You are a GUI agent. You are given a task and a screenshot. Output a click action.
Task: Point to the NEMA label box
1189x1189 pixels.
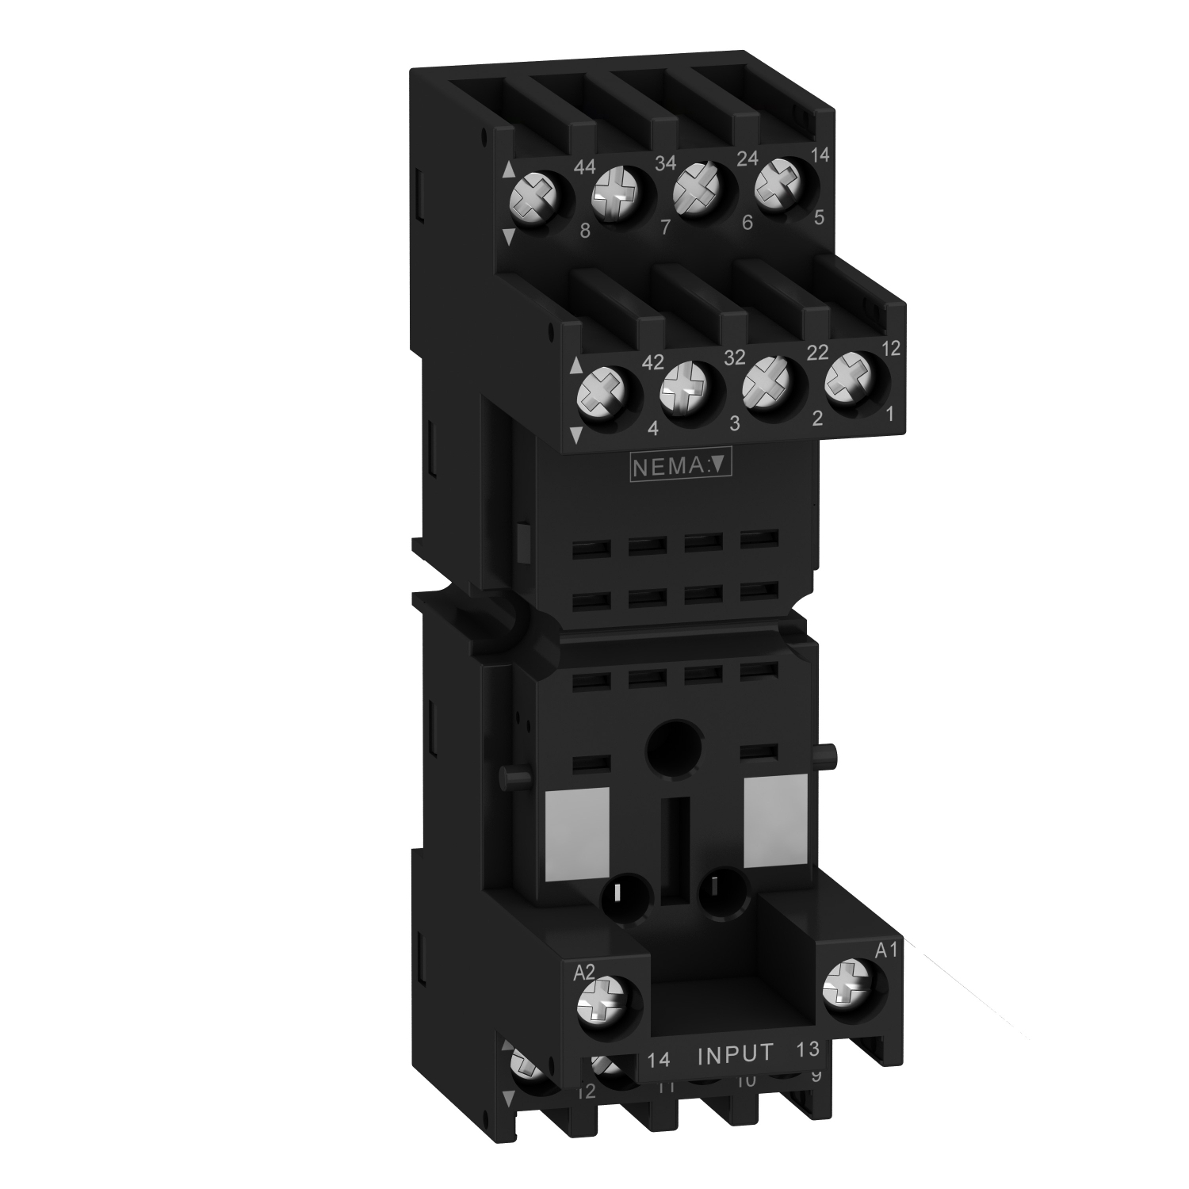point(679,467)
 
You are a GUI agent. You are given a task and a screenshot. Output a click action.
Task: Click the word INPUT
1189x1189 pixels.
point(734,1053)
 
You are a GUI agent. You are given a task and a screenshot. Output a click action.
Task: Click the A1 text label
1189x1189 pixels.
point(885,950)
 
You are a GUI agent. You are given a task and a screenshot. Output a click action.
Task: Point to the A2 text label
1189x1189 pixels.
point(583,972)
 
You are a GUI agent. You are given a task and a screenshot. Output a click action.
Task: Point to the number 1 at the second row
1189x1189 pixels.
point(889,412)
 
